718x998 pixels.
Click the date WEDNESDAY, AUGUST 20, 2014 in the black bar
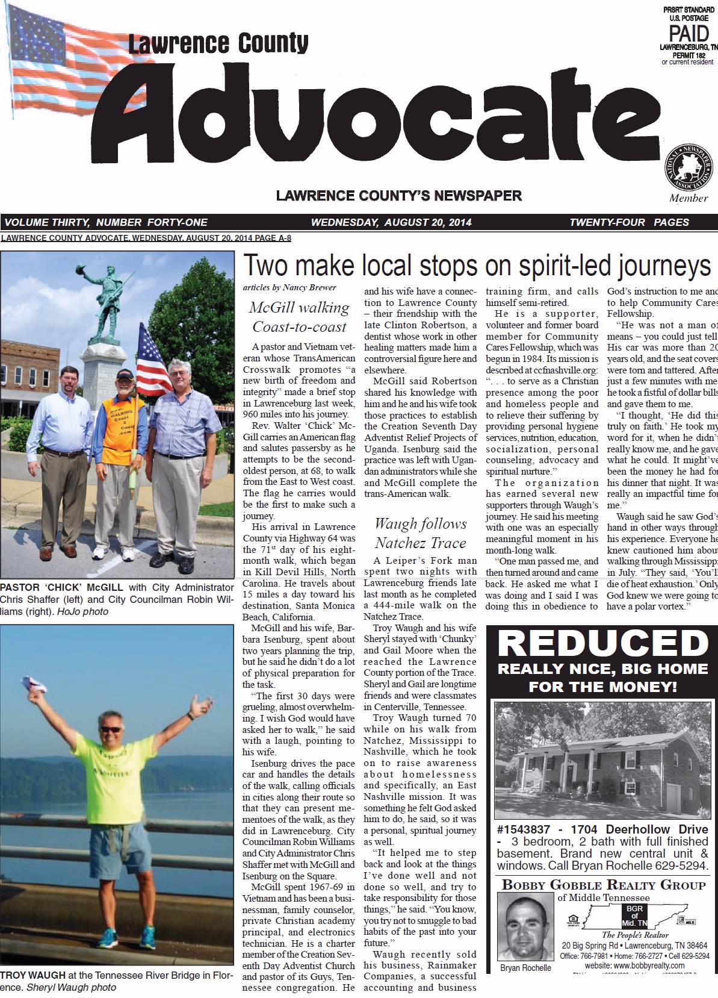coord(391,222)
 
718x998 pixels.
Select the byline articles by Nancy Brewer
coord(289,288)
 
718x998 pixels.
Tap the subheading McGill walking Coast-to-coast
coord(299,317)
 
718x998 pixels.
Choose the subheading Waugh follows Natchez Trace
coord(420,534)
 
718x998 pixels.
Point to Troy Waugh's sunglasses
coord(110,729)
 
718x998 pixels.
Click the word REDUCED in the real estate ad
coord(603,643)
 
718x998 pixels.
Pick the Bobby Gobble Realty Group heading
coord(603,885)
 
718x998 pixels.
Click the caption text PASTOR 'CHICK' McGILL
coord(61,587)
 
